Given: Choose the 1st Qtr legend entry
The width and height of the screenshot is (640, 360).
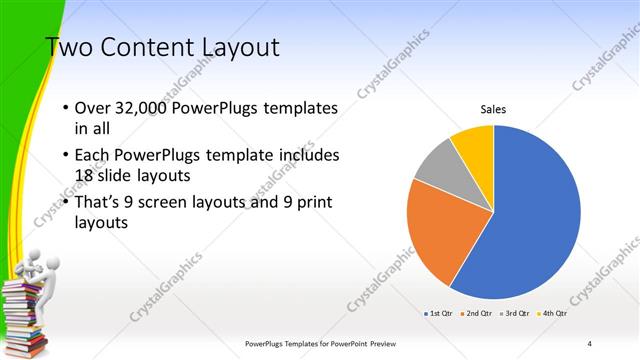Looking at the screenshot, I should (x=440, y=314).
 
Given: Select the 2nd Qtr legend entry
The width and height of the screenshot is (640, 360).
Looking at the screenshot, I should (x=475, y=314).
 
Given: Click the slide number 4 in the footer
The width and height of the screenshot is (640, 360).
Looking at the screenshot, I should (x=590, y=344).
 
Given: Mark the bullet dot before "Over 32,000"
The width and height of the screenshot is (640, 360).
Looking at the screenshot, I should (x=66, y=108).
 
